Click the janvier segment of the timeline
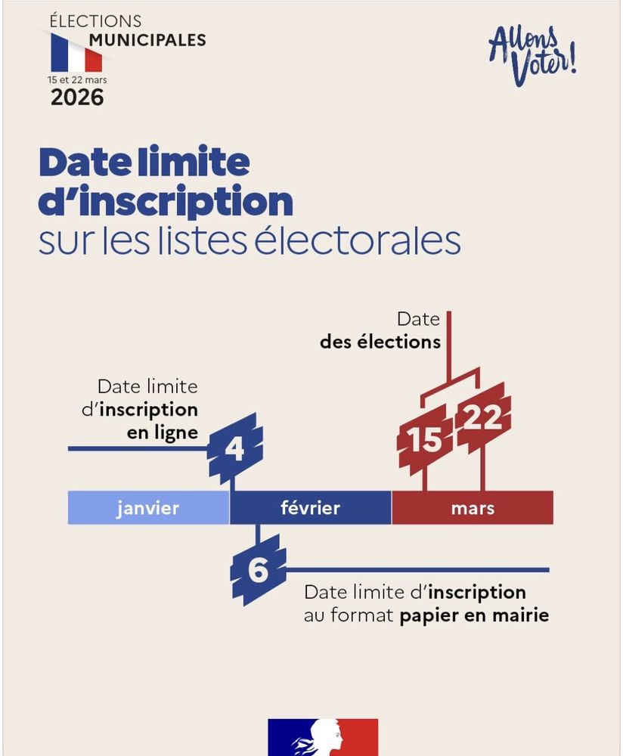[x=148, y=507]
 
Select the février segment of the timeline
[x=310, y=507]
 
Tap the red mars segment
[x=473, y=507]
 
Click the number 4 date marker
[x=235, y=449]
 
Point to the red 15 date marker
[x=425, y=439]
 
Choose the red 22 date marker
[x=483, y=418]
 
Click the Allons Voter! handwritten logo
[x=533, y=55]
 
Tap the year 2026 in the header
[x=77, y=98]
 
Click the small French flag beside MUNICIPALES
[x=76, y=54]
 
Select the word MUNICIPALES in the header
[x=147, y=39]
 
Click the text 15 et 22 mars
[x=76, y=79]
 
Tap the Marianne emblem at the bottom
[x=323, y=738]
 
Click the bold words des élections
[x=380, y=342]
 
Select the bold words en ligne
[x=161, y=432]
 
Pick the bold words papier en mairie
[x=474, y=615]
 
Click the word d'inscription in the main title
[x=166, y=200]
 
